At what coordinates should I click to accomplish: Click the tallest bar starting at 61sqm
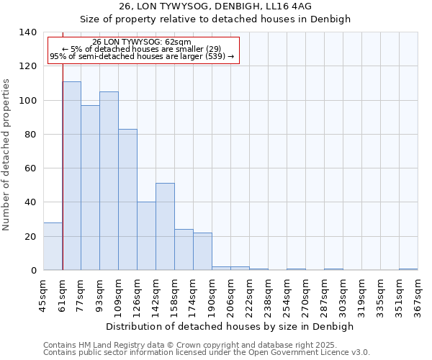pos(71,176)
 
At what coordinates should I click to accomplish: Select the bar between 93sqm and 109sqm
pos(109,181)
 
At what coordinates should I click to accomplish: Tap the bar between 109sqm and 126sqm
pos(127,199)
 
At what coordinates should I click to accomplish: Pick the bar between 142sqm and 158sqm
pos(165,227)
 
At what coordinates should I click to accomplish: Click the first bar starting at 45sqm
pos(53,246)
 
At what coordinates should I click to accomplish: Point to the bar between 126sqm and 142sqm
pos(146,236)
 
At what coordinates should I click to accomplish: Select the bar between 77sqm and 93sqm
pos(90,188)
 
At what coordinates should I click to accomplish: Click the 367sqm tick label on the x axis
pos(418,296)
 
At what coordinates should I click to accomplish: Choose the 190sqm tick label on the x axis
pos(212,296)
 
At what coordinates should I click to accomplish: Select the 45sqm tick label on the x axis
pos(43,296)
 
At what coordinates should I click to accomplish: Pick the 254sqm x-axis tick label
pos(287,296)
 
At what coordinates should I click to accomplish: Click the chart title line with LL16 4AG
pos(215,6)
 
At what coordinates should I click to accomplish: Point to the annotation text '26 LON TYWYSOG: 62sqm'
pos(142,42)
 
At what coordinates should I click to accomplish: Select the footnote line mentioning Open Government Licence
pos(207,353)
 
